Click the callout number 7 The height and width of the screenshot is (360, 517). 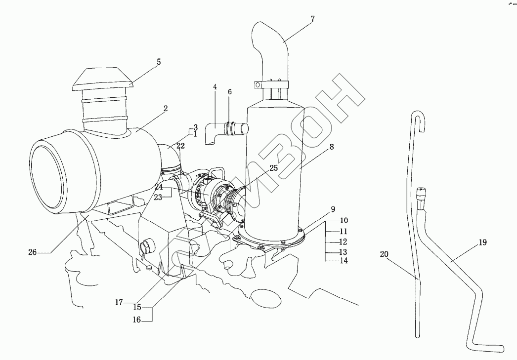[312, 19]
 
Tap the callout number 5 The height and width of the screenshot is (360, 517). [159, 62]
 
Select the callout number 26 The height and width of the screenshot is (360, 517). [32, 252]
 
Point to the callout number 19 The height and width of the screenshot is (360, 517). [483, 242]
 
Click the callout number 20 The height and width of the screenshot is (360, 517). [384, 254]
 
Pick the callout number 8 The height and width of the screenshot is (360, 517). [331, 146]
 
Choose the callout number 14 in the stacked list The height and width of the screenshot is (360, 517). [344, 261]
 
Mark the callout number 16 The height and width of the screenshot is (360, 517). [136, 320]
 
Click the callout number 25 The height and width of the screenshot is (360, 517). [273, 168]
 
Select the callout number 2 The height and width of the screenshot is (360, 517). [166, 108]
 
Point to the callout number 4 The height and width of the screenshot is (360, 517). [215, 87]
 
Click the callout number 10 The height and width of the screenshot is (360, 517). [344, 220]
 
